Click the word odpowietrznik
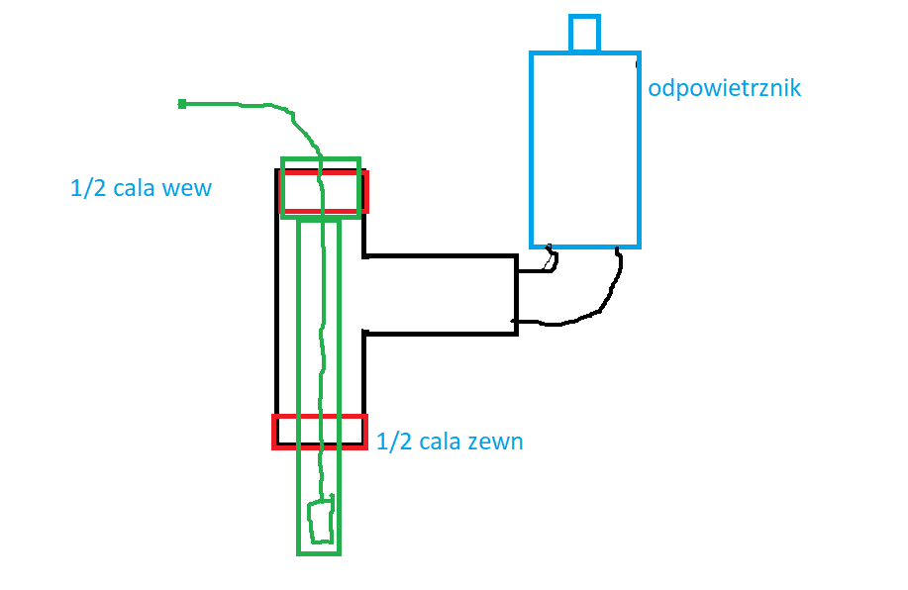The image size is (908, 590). (724, 88)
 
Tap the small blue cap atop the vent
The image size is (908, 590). (584, 33)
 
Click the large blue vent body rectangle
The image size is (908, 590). (585, 148)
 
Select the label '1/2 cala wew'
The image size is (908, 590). (141, 187)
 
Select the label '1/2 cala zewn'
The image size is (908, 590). (450, 442)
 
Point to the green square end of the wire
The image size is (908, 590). (182, 103)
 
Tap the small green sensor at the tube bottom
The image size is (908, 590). (320, 522)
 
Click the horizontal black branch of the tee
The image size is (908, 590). (441, 295)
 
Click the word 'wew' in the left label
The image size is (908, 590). (188, 187)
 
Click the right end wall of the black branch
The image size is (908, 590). (516, 295)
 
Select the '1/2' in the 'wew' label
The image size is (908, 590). (86, 187)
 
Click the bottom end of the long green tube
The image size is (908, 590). (319, 550)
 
